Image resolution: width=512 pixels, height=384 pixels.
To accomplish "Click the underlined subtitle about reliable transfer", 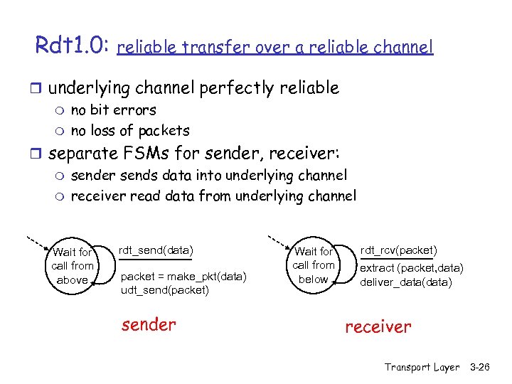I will pyautogui.click(x=274, y=48).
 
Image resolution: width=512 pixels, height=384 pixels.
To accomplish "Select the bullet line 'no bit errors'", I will pyautogui.click(x=113, y=110).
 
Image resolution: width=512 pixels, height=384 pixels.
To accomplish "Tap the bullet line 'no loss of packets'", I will pyautogui.click(x=130, y=130).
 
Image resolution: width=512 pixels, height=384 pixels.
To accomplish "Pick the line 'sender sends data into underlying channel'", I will pyautogui.click(x=209, y=175).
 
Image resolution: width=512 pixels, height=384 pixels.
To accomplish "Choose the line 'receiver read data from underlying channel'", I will pyautogui.click(x=213, y=196).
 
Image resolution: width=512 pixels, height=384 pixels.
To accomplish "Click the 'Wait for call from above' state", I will pyautogui.click(x=72, y=266).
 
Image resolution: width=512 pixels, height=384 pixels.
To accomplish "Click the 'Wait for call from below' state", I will pyautogui.click(x=314, y=265).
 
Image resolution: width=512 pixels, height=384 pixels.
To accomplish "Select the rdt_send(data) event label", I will pyautogui.click(x=155, y=250).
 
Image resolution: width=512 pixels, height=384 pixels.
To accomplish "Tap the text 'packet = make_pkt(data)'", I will pyautogui.click(x=184, y=277).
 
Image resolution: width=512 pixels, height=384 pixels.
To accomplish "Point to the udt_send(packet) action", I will pyautogui.click(x=165, y=290).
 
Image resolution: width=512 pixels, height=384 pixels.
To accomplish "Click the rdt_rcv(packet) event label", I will pyautogui.click(x=398, y=250).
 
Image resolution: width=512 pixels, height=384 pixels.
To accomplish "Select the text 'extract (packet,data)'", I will pyautogui.click(x=411, y=268).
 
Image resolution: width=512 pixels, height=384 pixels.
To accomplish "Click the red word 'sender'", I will pyautogui.click(x=148, y=325).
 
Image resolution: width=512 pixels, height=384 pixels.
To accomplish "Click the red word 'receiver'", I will pyautogui.click(x=378, y=326).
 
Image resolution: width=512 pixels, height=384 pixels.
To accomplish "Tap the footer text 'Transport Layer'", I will pyautogui.click(x=422, y=367).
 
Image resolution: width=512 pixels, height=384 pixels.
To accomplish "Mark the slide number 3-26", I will pyautogui.click(x=480, y=367).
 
